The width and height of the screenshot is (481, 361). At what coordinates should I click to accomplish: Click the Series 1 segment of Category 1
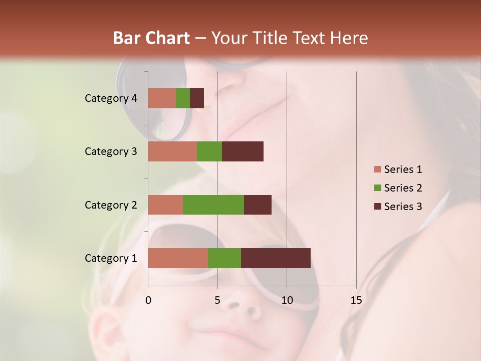pyautogui.click(x=178, y=258)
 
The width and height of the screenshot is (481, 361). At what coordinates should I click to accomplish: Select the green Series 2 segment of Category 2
pyautogui.click(x=213, y=205)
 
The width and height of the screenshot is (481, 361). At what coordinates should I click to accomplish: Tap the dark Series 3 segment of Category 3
pyautogui.click(x=243, y=151)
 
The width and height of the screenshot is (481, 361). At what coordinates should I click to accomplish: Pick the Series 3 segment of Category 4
pyautogui.click(x=197, y=98)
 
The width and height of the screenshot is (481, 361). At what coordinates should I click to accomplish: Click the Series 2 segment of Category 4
pyautogui.click(x=183, y=98)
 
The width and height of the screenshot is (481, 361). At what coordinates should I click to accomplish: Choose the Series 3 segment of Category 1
pyautogui.click(x=276, y=258)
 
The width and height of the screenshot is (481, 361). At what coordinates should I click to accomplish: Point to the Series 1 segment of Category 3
pyautogui.click(x=172, y=151)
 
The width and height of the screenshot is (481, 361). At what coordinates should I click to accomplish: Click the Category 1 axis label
pyautogui.click(x=111, y=258)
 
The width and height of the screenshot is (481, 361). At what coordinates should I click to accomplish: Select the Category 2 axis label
pyautogui.click(x=111, y=205)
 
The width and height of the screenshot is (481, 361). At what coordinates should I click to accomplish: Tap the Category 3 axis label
pyautogui.click(x=111, y=151)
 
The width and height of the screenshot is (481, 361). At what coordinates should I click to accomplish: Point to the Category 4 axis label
pyautogui.click(x=111, y=98)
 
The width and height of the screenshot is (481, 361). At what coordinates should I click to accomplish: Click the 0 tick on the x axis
pyautogui.click(x=148, y=300)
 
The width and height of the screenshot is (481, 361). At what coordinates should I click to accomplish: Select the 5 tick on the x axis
pyautogui.click(x=217, y=300)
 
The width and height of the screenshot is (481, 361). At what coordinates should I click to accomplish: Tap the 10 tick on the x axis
pyautogui.click(x=287, y=300)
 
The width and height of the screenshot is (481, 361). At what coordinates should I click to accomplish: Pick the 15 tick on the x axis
pyautogui.click(x=356, y=300)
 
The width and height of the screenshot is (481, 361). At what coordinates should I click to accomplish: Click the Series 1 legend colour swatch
pyautogui.click(x=377, y=169)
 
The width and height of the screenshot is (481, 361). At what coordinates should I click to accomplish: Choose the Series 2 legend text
pyautogui.click(x=403, y=188)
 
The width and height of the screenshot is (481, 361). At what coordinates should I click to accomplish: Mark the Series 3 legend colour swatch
pyautogui.click(x=377, y=207)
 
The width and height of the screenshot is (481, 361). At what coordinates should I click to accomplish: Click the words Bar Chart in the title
pyautogui.click(x=151, y=38)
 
